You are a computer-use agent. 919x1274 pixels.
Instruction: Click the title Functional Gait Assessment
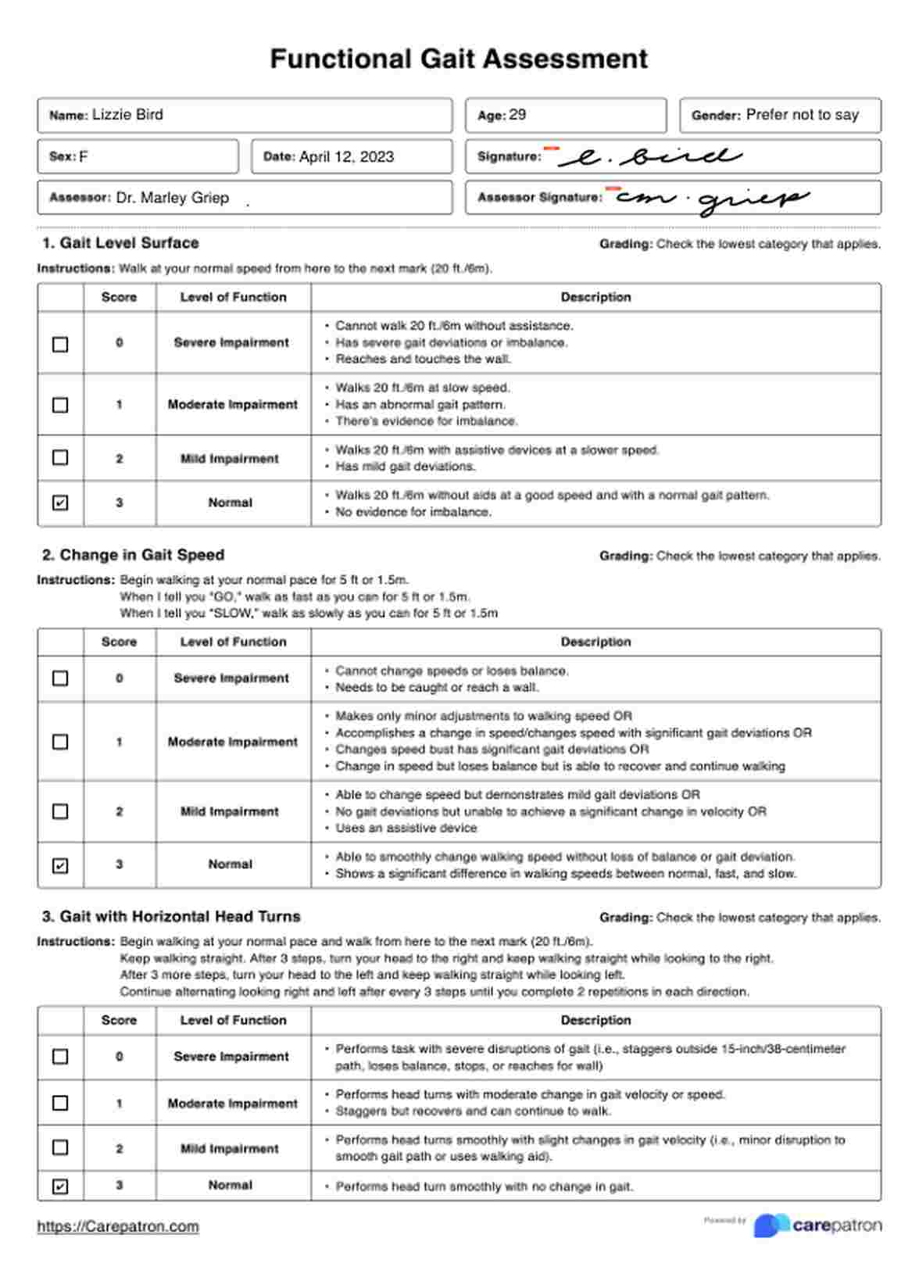459,59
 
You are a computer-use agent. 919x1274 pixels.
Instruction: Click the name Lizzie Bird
127,115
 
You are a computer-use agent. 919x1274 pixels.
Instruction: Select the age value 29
517,115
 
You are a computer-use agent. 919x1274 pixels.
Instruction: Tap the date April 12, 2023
346,156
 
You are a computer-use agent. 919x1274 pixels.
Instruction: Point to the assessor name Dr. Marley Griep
172,198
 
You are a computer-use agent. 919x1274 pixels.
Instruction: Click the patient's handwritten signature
649,156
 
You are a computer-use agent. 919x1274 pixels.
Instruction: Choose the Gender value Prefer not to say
802,115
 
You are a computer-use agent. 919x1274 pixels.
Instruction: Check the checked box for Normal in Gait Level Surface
60,503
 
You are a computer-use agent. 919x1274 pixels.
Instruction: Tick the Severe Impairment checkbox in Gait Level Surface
60,344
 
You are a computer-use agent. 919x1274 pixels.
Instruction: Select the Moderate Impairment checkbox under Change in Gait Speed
60,741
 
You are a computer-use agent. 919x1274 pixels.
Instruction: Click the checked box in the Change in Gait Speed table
60,865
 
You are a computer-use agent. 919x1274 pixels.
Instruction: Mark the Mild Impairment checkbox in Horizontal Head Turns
60,1147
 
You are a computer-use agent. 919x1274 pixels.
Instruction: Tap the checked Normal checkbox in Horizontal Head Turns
60,1186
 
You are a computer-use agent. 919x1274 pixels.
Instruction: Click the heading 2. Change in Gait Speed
133,555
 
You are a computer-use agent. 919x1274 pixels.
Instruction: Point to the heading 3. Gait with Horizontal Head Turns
171,916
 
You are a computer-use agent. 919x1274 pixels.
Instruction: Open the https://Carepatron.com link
118,1226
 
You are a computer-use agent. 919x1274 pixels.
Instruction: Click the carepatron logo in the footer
817,1225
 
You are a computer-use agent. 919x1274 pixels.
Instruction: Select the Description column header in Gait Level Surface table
595,297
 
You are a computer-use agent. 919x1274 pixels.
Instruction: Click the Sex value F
84,156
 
